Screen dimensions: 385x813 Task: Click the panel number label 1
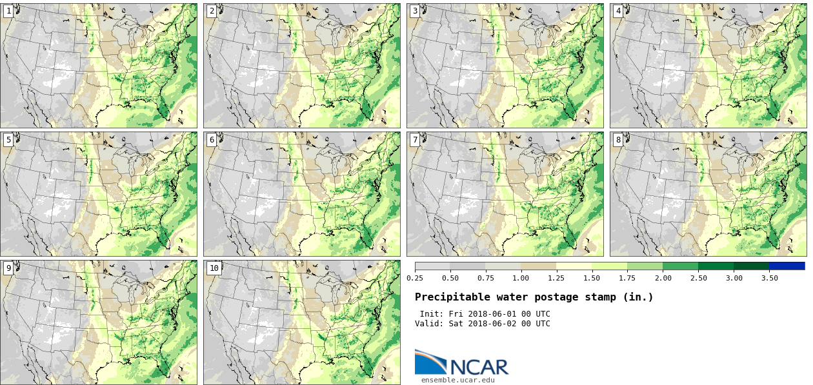[x=8, y=11]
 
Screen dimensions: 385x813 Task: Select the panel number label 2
[x=212, y=11]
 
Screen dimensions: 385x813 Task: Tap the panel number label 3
[x=415, y=11]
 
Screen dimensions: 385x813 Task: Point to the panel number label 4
[x=618, y=11]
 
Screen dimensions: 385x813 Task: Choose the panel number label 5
[x=8, y=139]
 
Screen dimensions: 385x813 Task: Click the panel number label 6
[x=212, y=139]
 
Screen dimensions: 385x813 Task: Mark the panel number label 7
[x=415, y=139]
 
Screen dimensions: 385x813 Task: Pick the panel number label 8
[x=618, y=139]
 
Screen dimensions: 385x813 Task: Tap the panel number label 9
[x=8, y=268]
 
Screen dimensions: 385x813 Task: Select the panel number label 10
[x=214, y=268]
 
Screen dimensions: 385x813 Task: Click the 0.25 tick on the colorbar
[x=415, y=278]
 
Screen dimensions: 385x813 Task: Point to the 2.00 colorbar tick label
[x=663, y=278]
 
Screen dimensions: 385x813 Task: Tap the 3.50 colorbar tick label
[x=769, y=278]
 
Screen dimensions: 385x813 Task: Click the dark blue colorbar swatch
[x=787, y=266]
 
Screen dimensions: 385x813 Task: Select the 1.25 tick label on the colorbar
[x=557, y=278]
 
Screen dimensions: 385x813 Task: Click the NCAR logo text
[x=479, y=366]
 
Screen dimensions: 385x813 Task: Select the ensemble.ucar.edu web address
[x=457, y=380]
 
